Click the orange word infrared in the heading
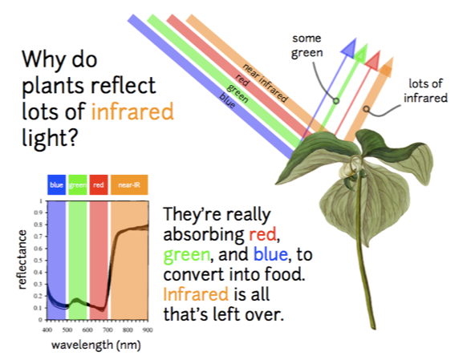(132, 111)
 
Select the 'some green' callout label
(307, 46)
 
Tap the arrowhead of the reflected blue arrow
(350, 47)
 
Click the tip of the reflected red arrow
(373, 57)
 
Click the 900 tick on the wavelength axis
(148, 330)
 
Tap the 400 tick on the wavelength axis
(47, 330)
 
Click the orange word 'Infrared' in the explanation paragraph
(193, 294)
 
